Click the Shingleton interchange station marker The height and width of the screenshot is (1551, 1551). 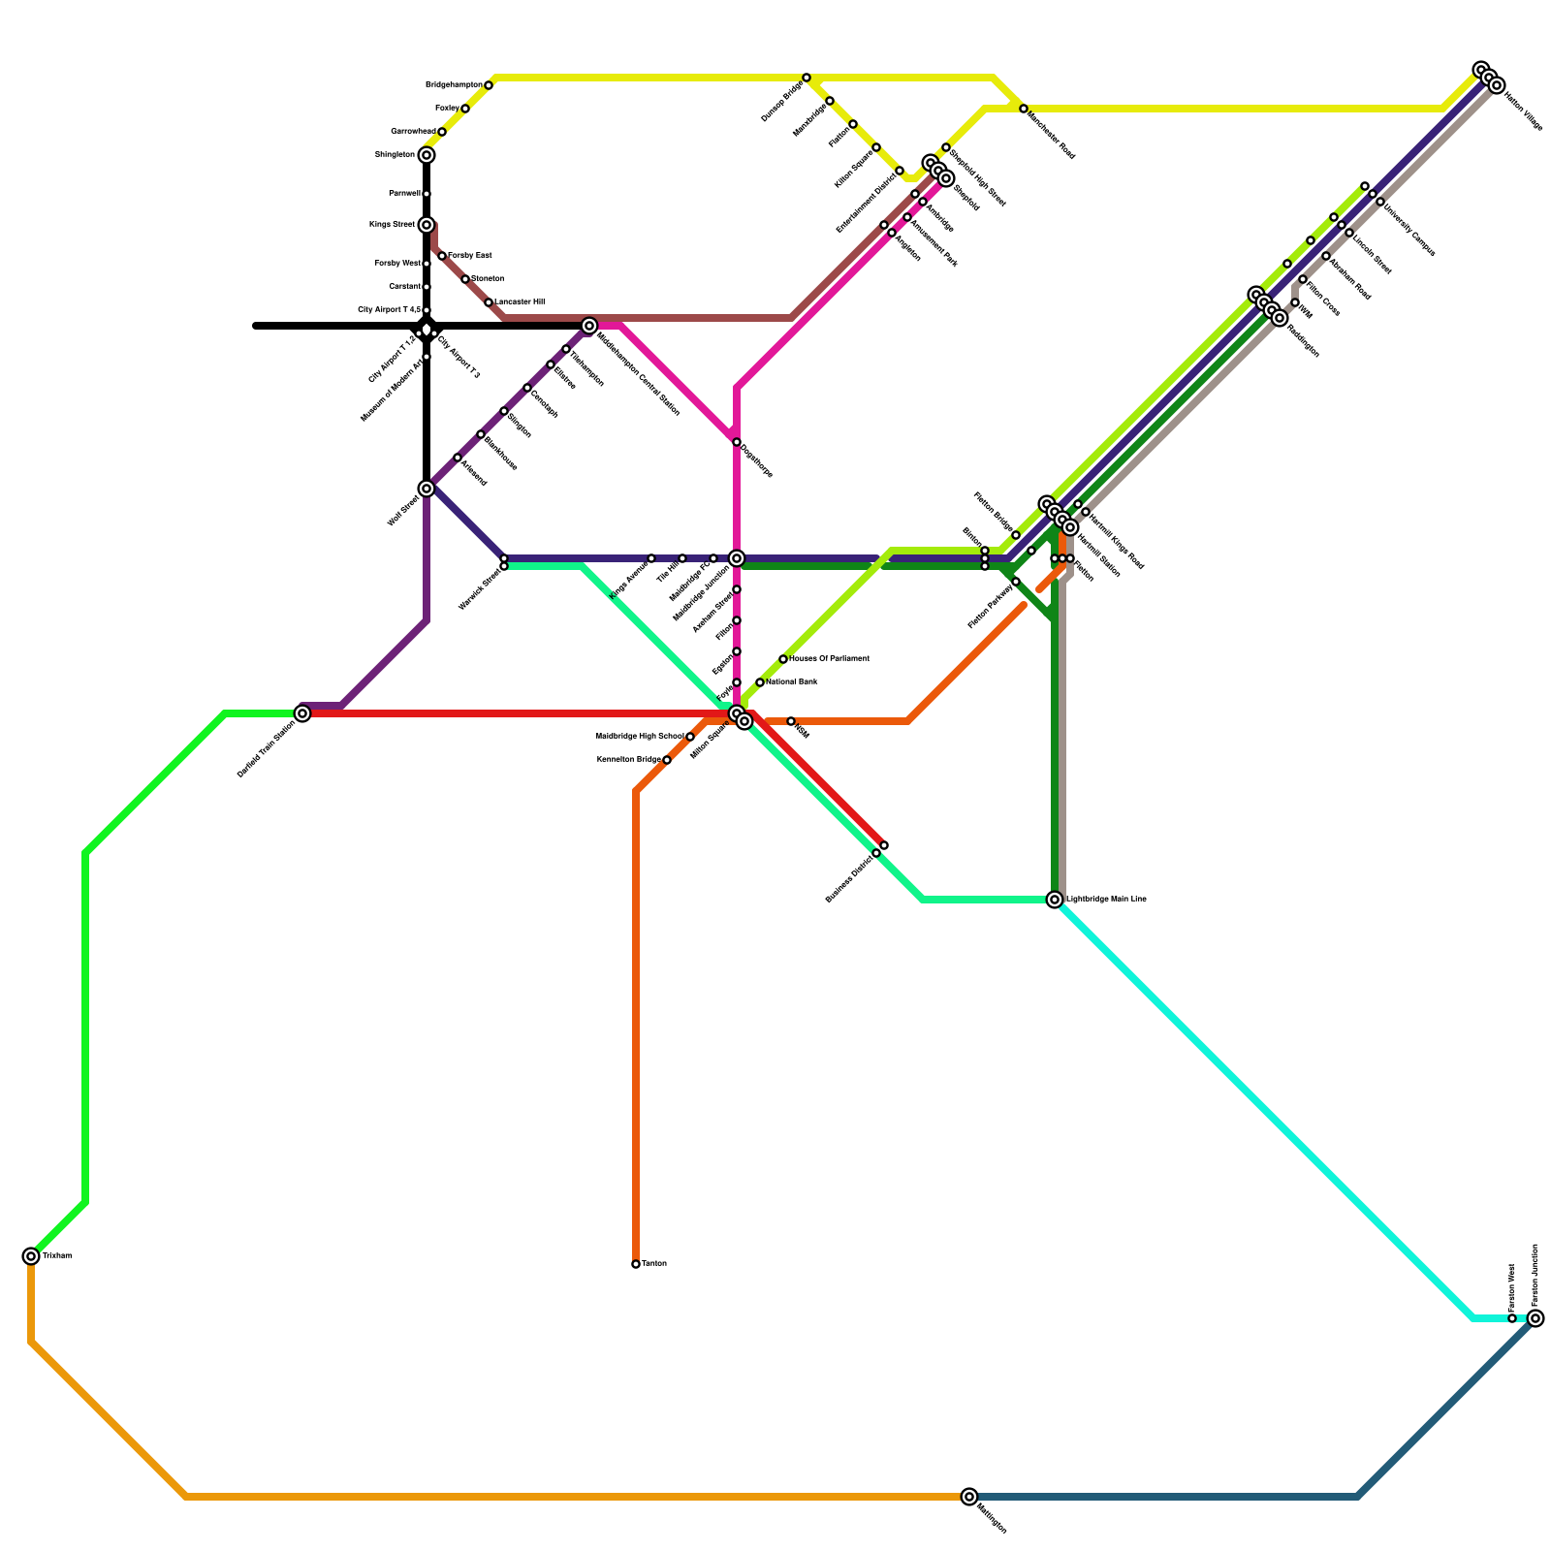point(427,155)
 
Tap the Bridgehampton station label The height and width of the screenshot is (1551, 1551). point(454,85)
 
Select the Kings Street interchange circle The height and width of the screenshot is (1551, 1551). point(427,225)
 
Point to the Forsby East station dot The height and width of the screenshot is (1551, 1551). point(442,256)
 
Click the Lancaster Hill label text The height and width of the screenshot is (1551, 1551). point(520,302)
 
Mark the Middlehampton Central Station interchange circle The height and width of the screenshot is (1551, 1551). point(589,326)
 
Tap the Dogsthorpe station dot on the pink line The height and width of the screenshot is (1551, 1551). point(737,442)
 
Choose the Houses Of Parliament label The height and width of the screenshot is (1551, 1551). point(829,659)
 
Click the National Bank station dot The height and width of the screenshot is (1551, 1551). point(760,682)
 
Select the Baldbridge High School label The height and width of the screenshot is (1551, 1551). point(640,737)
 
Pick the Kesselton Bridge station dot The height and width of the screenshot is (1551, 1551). point(667,760)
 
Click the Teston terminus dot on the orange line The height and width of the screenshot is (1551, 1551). point(636,1264)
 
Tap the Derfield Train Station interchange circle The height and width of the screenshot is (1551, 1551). point(302,713)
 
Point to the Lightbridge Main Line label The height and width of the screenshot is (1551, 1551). point(1106,900)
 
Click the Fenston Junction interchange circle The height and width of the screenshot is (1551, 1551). point(1535,1318)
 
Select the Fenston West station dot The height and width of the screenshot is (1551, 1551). point(1512,1318)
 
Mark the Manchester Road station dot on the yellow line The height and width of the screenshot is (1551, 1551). point(1024,109)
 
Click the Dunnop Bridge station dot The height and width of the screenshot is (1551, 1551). point(807,78)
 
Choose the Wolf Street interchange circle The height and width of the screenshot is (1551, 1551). point(427,489)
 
